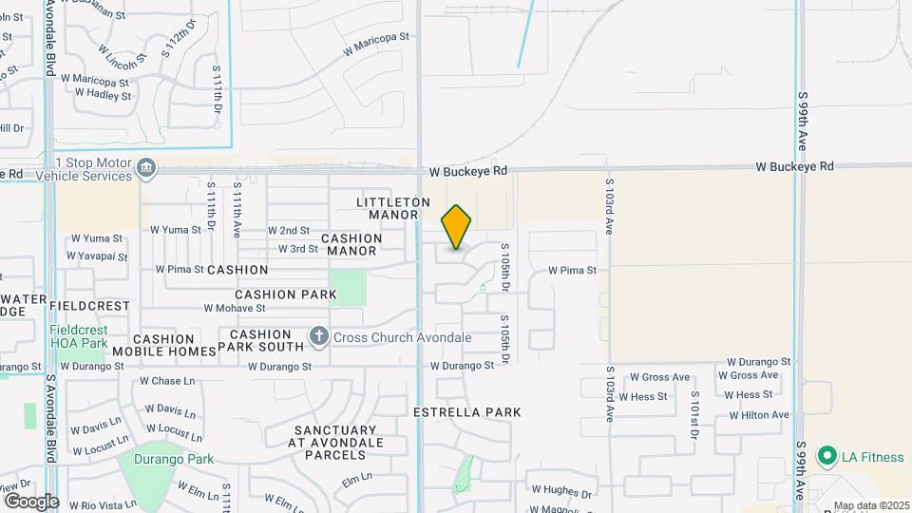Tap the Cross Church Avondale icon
coord(319,337)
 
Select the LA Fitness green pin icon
coord(826,457)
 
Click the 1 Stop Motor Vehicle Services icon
coord(146,169)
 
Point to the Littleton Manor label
coord(393,209)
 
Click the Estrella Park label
coord(467,412)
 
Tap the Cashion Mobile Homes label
coord(164,345)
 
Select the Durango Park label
coord(173,460)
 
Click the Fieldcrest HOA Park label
coord(79,335)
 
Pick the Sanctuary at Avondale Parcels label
coord(338,443)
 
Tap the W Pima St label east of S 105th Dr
coord(572,271)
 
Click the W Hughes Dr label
coord(561,492)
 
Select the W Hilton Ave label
coord(759,415)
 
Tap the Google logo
coord(30,502)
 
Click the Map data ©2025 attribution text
coord(868,505)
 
